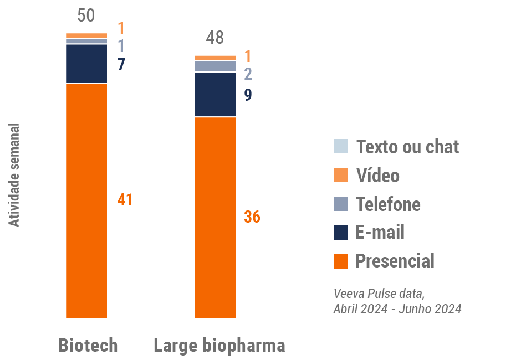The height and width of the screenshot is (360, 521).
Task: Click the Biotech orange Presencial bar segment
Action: tap(86, 200)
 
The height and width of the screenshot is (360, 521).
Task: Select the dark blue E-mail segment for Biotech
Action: tap(86, 63)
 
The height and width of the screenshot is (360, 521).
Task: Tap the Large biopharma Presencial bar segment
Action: tap(215, 218)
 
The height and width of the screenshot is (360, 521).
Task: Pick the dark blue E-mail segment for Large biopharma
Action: tap(215, 94)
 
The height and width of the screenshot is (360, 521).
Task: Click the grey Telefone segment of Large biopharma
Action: tap(215, 66)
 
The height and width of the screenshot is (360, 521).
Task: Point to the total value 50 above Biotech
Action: tap(86, 16)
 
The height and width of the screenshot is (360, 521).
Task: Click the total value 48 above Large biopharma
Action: tap(214, 38)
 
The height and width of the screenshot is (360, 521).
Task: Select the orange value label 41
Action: tap(125, 200)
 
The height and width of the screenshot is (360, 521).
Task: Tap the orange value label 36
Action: tap(252, 217)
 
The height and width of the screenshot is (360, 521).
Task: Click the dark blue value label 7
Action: tap(121, 64)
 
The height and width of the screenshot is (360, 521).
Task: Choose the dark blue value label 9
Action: tap(248, 95)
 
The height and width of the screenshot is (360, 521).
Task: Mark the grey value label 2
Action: tap(248, 74)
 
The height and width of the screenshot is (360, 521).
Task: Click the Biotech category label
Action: tap(88, 346)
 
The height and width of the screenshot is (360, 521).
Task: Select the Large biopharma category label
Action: tap(219, 346)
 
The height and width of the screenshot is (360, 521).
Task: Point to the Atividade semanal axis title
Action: tap(14, 174)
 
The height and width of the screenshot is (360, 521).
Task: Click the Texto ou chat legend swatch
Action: tap(341, 146)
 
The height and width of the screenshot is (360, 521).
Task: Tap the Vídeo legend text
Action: tap(377, 176)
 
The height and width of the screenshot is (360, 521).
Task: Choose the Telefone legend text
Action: tap(388, 204)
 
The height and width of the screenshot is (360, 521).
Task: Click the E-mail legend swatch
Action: tap(341, 232)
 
